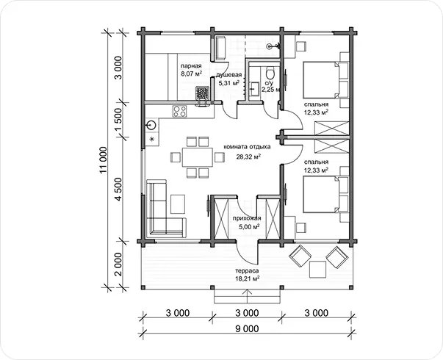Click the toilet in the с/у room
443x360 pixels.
tap(270, 73)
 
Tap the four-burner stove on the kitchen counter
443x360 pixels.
tap(180, 111)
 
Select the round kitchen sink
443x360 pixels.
tap(152, 125)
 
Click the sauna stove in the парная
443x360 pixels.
tap(203, 93)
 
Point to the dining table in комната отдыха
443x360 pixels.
tap(197, 156)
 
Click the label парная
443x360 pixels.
tap(191, 66)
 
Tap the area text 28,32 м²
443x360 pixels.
tap(248, 156)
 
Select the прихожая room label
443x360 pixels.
tap(247, 218)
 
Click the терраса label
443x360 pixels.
tap(247, 270)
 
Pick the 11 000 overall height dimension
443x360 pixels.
tap(104, 159)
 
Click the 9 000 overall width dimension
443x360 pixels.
tap(247, 329)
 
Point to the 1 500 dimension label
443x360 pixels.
tap(119, 120)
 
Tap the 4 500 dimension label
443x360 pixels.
tap(119, 190)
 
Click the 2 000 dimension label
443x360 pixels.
tap(119, 264)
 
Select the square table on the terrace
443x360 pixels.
tap(317, 270)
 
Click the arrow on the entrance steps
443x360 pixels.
tap(248, 296)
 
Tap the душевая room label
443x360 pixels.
tap(228, 75)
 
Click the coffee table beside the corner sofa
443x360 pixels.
tap(178, 204)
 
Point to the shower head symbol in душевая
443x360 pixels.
tap(272, 46)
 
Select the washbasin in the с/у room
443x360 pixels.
tap(254, 88)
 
